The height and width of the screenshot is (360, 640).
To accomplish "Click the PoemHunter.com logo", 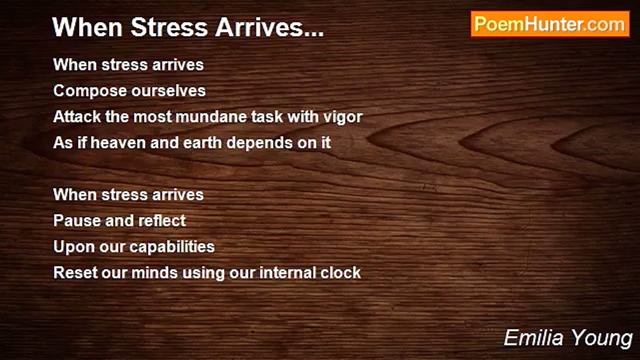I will (550, 24).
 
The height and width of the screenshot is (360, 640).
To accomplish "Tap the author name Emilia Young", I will (568, 338).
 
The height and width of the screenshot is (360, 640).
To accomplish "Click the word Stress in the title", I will (169, 28).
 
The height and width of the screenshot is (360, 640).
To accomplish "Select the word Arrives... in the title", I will (269, 28).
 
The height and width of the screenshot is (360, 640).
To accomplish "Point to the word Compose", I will (90, 91).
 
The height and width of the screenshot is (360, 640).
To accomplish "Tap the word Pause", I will (73, 221).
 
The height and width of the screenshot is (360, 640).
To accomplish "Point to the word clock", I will (340, 273).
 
